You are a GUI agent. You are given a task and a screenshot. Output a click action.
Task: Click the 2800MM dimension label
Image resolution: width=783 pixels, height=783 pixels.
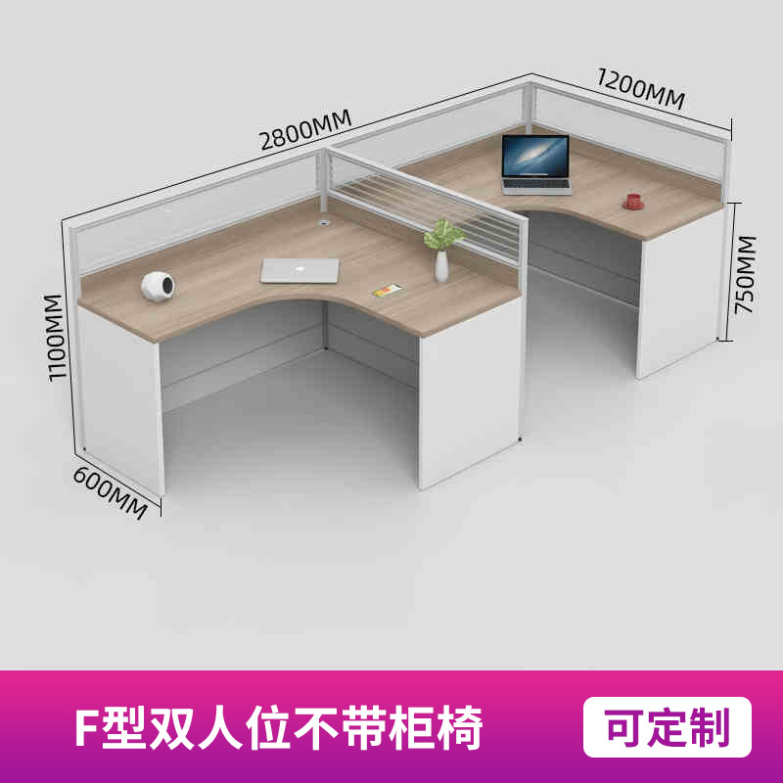coord(305,129)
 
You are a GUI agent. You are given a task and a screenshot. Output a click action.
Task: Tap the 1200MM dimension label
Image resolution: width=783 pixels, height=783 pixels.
coord(641,89)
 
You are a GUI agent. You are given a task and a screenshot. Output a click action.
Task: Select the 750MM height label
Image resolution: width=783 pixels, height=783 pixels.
coord(746,275)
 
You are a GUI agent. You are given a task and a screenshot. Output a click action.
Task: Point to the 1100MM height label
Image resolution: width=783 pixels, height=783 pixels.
coord(54,338)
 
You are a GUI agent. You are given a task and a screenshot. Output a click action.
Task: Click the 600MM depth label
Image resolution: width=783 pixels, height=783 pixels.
coord(111,493)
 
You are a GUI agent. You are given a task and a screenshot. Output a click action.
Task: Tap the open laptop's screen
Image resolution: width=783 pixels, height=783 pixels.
coord(535,157)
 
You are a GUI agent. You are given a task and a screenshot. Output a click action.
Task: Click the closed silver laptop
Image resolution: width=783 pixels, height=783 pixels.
coord(299,271)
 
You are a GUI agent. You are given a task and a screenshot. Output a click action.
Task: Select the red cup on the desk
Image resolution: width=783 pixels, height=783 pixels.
coord(633,202)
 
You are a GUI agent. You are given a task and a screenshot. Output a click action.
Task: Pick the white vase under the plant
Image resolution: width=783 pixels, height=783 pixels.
coord(441,266)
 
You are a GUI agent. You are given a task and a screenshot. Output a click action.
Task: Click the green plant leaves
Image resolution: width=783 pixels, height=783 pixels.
coord(443,234)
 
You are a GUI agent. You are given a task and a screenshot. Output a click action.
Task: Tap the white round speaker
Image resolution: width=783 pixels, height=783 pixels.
coord(158,286)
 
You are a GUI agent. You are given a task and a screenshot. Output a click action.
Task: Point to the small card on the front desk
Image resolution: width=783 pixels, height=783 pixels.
coord(388,290)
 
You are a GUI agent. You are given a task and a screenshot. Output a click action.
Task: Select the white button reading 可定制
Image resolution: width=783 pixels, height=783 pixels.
coord(668,726)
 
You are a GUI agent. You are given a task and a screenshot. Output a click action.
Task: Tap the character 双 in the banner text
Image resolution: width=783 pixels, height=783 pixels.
coord(170,727)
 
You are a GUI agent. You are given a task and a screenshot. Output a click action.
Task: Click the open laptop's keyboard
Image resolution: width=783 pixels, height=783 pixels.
coord(536,185)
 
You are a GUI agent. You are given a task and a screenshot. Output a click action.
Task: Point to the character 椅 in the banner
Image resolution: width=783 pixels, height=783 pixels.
coord(460,727)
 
